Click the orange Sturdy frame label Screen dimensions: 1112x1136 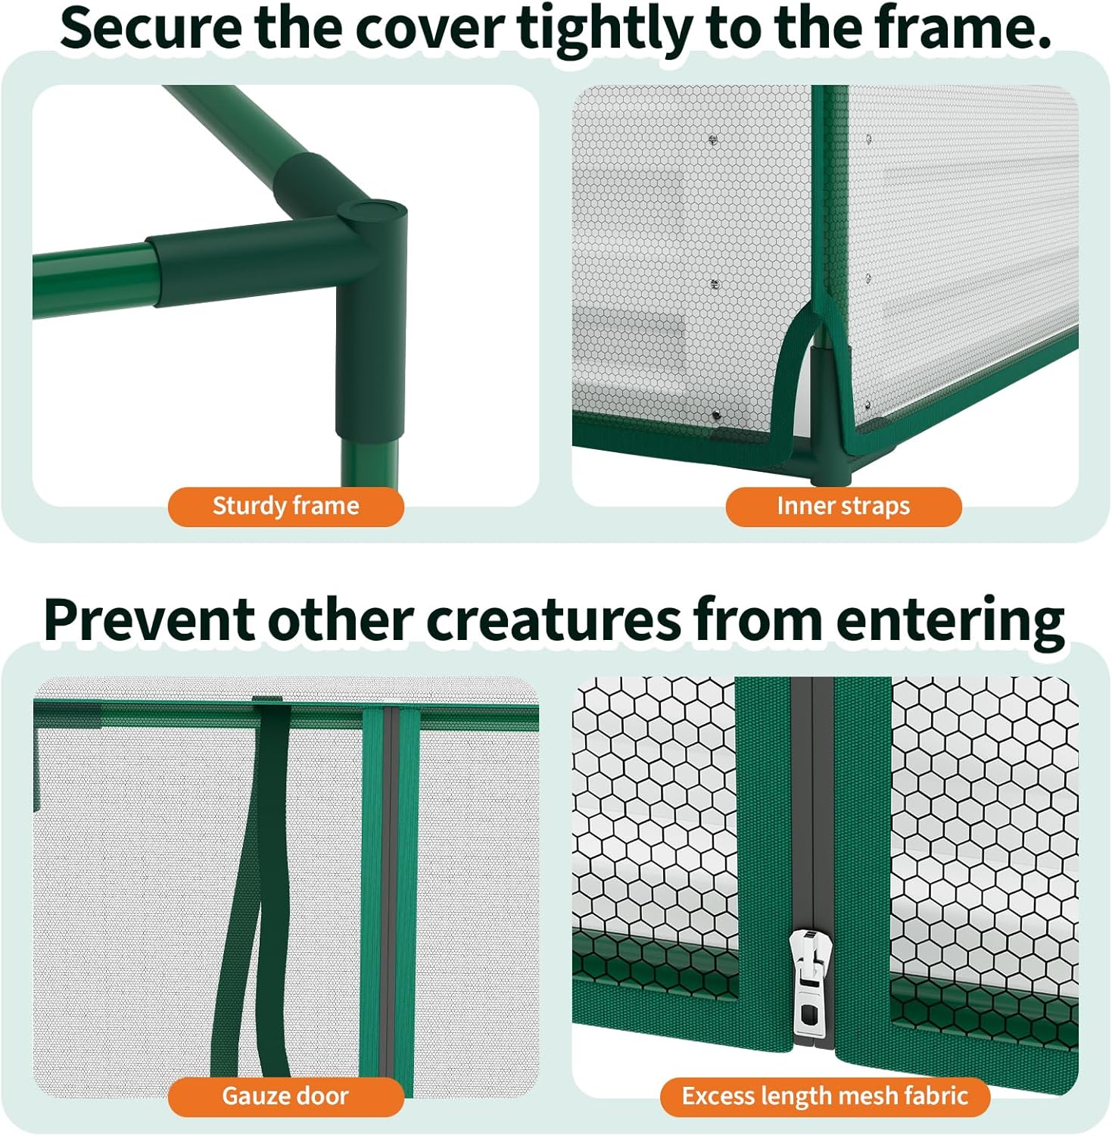285,506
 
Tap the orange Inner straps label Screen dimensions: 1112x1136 843,506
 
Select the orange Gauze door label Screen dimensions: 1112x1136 285,1096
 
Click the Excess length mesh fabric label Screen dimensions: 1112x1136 825,1096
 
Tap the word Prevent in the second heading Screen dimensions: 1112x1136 149,620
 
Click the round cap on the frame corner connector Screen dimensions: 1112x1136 376,211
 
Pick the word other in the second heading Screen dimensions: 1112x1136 341,620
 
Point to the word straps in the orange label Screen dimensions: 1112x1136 878,507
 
